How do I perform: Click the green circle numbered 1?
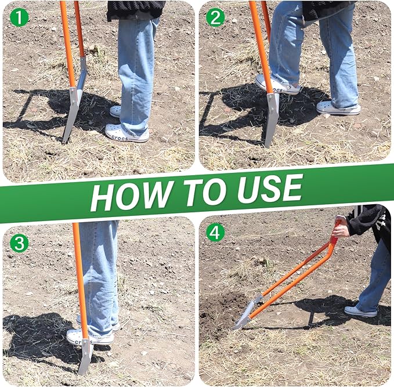click(20, 17)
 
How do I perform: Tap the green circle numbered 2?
click(215, 17)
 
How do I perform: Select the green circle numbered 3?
click(19, 243)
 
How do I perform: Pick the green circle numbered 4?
click(215, 233)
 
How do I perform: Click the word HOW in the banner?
click(128, 193)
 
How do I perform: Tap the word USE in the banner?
click(265, 189)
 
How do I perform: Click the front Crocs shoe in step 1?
click(126, 135)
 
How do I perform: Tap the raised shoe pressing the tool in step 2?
click(278, 85)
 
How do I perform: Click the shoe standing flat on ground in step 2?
click(338, 108)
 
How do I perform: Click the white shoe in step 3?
click(78, 337)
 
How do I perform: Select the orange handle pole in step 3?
click(79, 279)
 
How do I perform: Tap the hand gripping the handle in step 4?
click(341, 230)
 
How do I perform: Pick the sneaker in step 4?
click(360, 312)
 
